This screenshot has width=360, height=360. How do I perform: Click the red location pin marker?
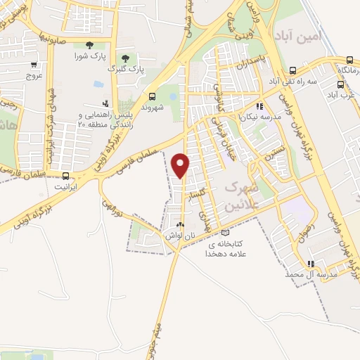(x=181, y=165)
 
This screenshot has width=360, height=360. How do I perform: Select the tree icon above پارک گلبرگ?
(x=125, y=58)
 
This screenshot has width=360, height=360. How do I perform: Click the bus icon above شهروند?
(x=153, y=96)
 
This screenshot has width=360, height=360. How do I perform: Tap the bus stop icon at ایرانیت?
(x=65, y=176)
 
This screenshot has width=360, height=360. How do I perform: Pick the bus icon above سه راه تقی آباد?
(x=292, y=70)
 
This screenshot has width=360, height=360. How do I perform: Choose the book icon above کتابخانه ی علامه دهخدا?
(x=225, y=233)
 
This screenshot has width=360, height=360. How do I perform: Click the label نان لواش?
(x=180, y=237)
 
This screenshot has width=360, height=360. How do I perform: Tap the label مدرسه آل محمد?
(x=318, y=274)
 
